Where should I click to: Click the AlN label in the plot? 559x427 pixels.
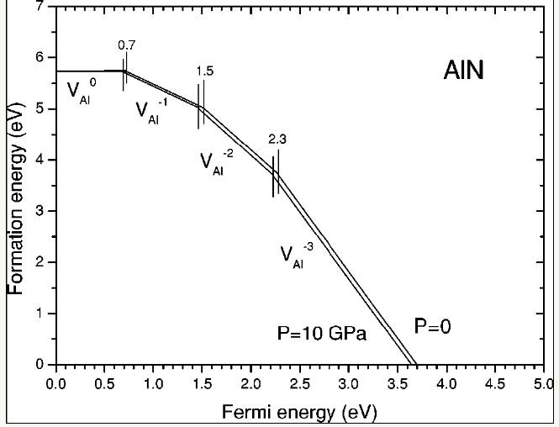[x=464, y=73]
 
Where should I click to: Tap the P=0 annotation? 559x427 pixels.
[x=435, y=326]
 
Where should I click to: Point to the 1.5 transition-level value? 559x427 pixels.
[x=204, y=71]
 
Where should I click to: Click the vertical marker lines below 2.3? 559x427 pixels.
[x=275, y=172]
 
